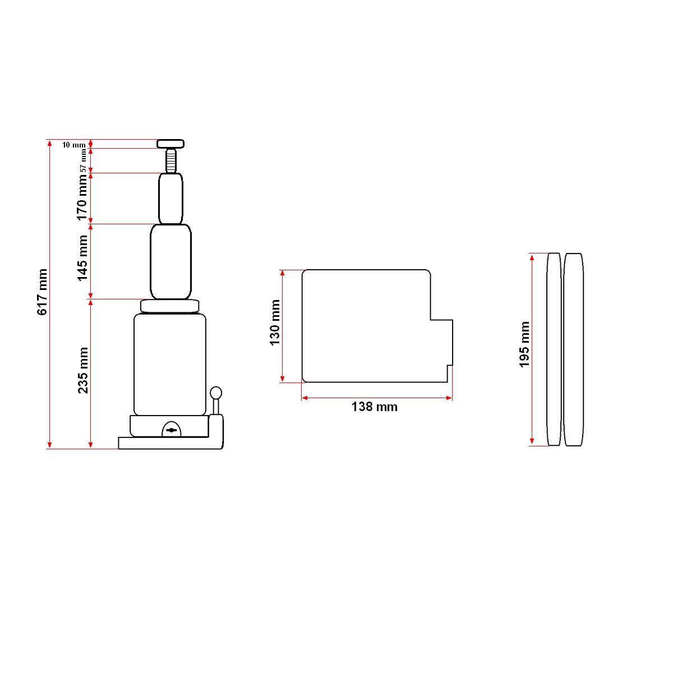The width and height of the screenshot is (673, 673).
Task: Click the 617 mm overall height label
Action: [42, 292]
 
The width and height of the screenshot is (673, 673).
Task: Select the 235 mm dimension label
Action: [83, 370]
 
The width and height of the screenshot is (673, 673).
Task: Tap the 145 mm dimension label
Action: [82, 258]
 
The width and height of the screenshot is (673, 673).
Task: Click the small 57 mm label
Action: [84, 160]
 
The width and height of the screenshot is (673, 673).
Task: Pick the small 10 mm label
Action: [73, 145]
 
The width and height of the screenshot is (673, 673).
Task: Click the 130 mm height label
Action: [275, 323]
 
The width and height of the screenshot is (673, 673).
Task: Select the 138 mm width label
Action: [374, 407]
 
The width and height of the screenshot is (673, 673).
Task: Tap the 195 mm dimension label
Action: [524, 344]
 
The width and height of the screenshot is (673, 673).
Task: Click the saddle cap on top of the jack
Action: [170, 144]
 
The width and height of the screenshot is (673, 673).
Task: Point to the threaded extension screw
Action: [170, 160]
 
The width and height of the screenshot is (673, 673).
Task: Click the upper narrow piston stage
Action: [170, 199]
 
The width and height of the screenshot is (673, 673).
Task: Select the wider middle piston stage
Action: [170, 261]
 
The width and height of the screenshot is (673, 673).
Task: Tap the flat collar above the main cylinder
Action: [170, 306]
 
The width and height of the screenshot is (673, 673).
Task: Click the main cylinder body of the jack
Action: [170, 365]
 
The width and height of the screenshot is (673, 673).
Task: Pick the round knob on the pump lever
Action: [216, 393]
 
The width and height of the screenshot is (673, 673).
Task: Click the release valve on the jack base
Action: [172, 430]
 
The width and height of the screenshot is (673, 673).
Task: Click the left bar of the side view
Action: [554, 349]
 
